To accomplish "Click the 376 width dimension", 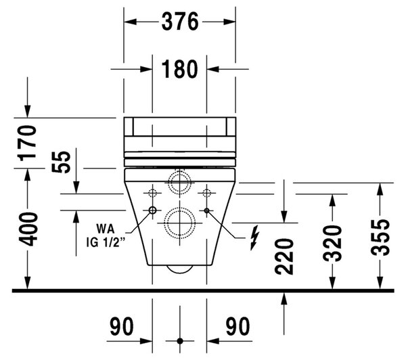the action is coord(180,22).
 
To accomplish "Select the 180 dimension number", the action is coord(180,69).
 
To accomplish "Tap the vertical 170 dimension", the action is coord(28,143).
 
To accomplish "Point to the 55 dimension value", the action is coord(61,162).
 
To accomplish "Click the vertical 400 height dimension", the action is coord(28,229).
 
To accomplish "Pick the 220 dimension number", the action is coord(284,257).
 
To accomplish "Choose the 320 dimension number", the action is coord(332,244).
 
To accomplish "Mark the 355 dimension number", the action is coord(380,238).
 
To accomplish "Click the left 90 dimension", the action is coord(122,326).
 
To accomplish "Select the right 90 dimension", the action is coord(238,326).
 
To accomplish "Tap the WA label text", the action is coord(106,229).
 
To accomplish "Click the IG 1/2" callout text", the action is coord(106,243).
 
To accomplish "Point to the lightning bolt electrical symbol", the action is coord(255,238).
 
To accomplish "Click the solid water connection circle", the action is coord(152,210).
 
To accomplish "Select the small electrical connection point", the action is coord(206,210).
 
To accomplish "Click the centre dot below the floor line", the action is coord(180,341).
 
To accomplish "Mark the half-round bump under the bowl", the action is coord(180,269).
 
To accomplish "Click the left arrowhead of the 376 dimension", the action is coord(130,22).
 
